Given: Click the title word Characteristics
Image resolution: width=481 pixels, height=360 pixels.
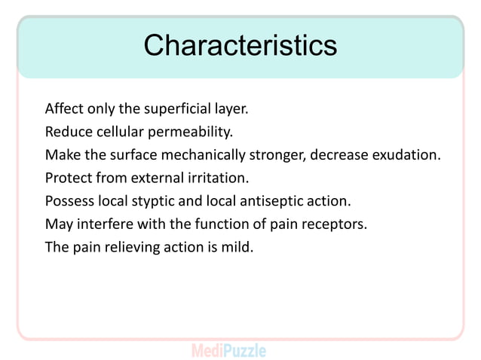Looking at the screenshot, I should pos(240,45).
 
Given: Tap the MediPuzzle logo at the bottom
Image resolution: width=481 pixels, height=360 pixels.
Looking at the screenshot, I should pos(228,350).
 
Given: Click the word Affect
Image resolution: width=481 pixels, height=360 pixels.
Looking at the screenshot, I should pos(63,108).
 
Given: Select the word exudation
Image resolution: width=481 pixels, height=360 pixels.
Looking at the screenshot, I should pos(409,155).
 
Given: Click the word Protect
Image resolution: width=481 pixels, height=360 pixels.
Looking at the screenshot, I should pos(68,178).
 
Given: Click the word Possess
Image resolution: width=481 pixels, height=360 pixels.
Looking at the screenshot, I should pos(69,201).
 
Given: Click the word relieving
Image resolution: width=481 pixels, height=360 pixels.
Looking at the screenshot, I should pos(133,248).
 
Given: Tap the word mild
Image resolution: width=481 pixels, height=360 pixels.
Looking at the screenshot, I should pos(238,247).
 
